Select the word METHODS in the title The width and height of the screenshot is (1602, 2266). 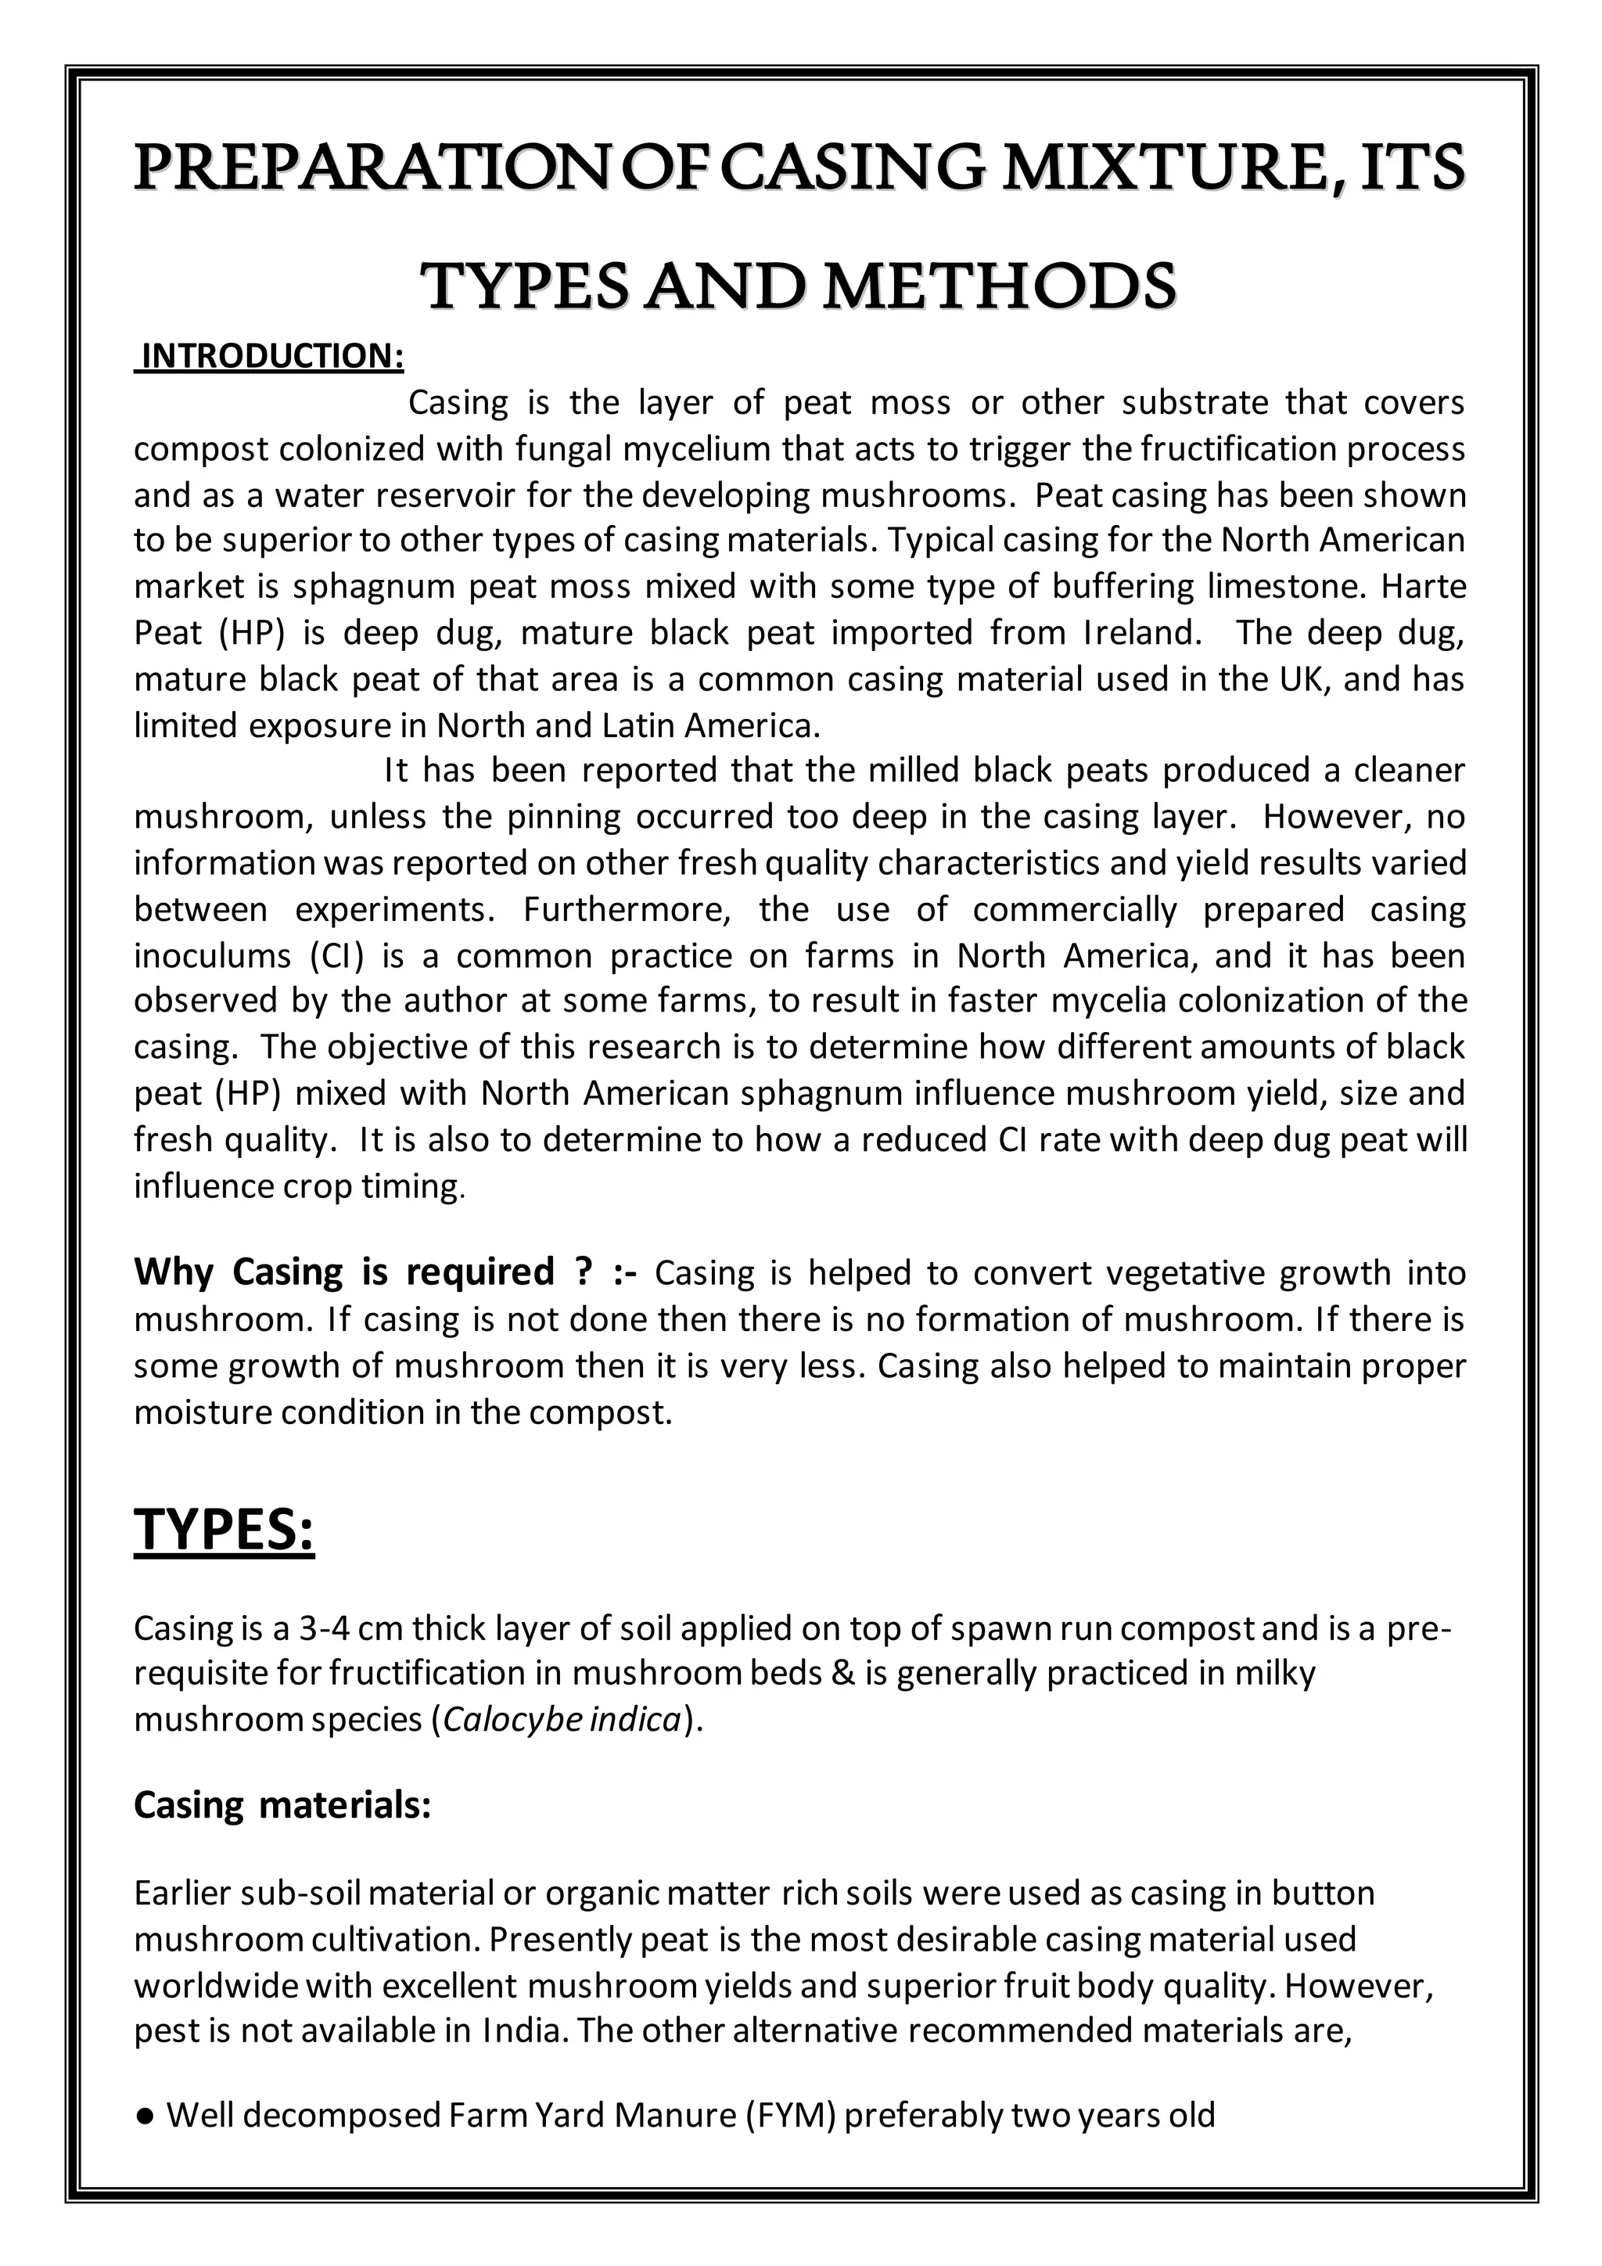(1000, 287)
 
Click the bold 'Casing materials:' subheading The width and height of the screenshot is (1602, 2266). (282, 1806)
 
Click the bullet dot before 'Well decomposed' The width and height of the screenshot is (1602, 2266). (145, 2117)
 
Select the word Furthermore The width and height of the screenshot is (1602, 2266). (627, 909)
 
